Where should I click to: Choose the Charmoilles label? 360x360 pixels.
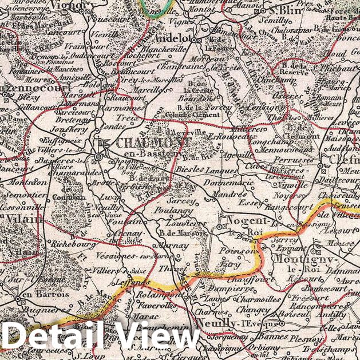pos(261,299)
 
